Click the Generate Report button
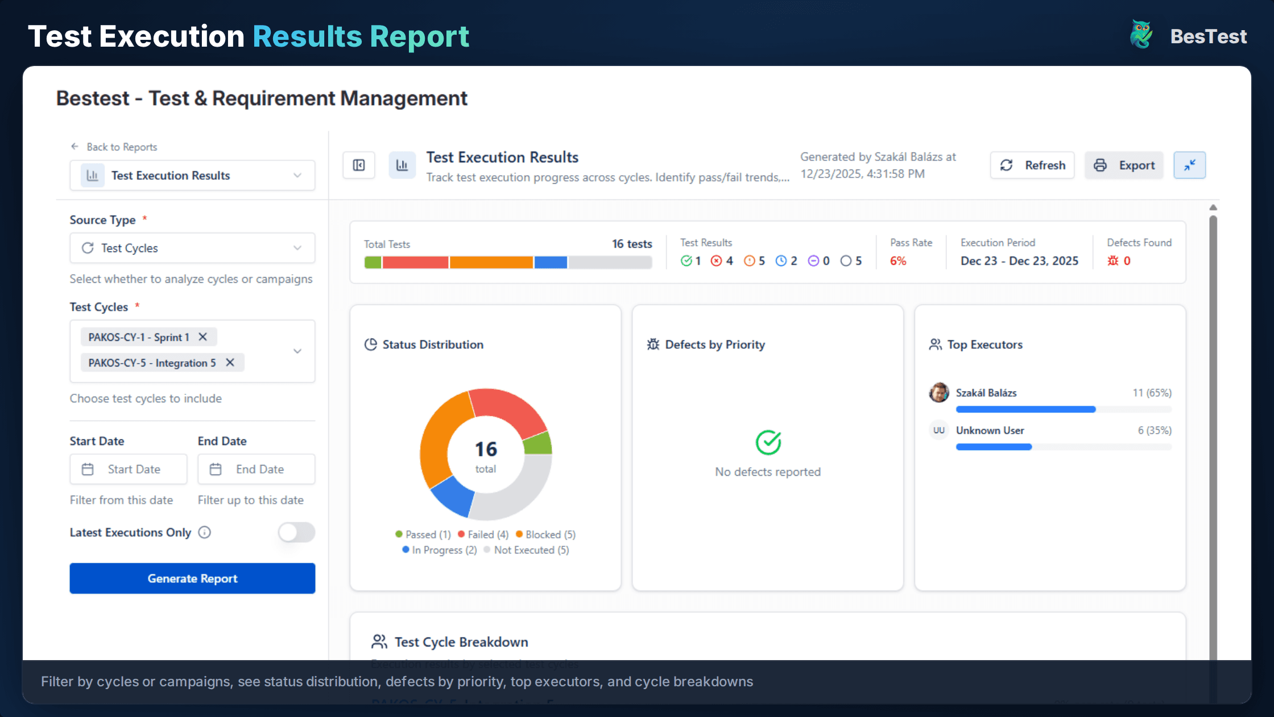(192, 578)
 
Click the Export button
(1124, 165)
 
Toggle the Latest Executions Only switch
(296, 533)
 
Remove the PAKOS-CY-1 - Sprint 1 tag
(202, 337)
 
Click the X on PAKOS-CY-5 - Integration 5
(230, 362)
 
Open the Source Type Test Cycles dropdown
(192, 248)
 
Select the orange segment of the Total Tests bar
(491, 262)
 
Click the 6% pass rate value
(898, 261)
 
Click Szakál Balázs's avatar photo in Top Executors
(939, 393)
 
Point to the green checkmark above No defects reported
(768, 442)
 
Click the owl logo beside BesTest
(1141, 35)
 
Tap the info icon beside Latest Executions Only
(205, 533)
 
